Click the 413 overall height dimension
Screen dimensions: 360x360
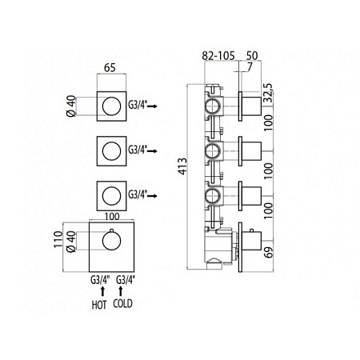(183, 166)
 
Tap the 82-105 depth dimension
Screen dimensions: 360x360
(218, 56)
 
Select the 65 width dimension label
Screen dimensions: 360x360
(110, 68)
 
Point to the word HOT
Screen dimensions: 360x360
(99, 305)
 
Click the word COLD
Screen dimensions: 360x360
(122, 304)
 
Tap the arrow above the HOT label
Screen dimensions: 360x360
(102, 291)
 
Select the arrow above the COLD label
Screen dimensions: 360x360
(121, 291)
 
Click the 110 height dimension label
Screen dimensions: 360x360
(58, 239)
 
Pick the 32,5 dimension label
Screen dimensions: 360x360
(268, 93)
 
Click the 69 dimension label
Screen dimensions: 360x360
(269, 252)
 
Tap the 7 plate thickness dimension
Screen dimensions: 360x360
(250, 67)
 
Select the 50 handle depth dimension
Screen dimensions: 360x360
(252, 56)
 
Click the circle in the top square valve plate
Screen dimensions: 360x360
(111, 106)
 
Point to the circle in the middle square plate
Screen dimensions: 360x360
(111, 151)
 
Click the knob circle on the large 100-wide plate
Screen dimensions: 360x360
(111, 241)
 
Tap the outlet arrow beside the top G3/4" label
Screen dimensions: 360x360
(152, 106)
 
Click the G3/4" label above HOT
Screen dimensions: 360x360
(100, 280)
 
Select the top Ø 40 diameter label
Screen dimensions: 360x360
(71, 106)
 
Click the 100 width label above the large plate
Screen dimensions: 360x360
(112, 216)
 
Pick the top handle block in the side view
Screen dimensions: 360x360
(251, 106)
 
